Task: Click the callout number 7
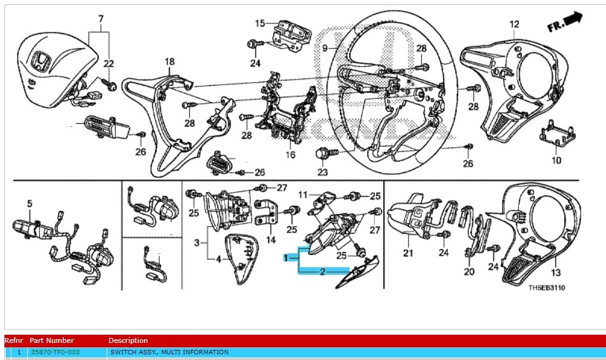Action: (x=100, y=20)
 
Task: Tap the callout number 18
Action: (x=170, y=62)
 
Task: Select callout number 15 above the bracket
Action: (x=260, y=23)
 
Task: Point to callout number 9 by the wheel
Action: (x=324, y=48)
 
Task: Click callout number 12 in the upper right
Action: (x=514, y=25)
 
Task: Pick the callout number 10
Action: (x=556, y=160)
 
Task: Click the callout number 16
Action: (x=290, y=155)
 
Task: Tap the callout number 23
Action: (x=323, y=171)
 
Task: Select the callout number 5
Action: (x=29, y=203)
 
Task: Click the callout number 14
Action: (x=270, y=240)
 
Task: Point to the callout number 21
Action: (x=408, y=253)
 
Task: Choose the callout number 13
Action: (x=555, y=272)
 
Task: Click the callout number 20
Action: (x=468, y=272)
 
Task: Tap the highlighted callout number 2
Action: (x=323, y=272)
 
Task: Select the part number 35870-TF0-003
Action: (x=56, y=352)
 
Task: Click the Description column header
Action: (x=128, y=340)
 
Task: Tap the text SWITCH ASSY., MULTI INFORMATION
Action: (x=169, y=352)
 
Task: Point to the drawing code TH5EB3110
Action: (x=547, y=288)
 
